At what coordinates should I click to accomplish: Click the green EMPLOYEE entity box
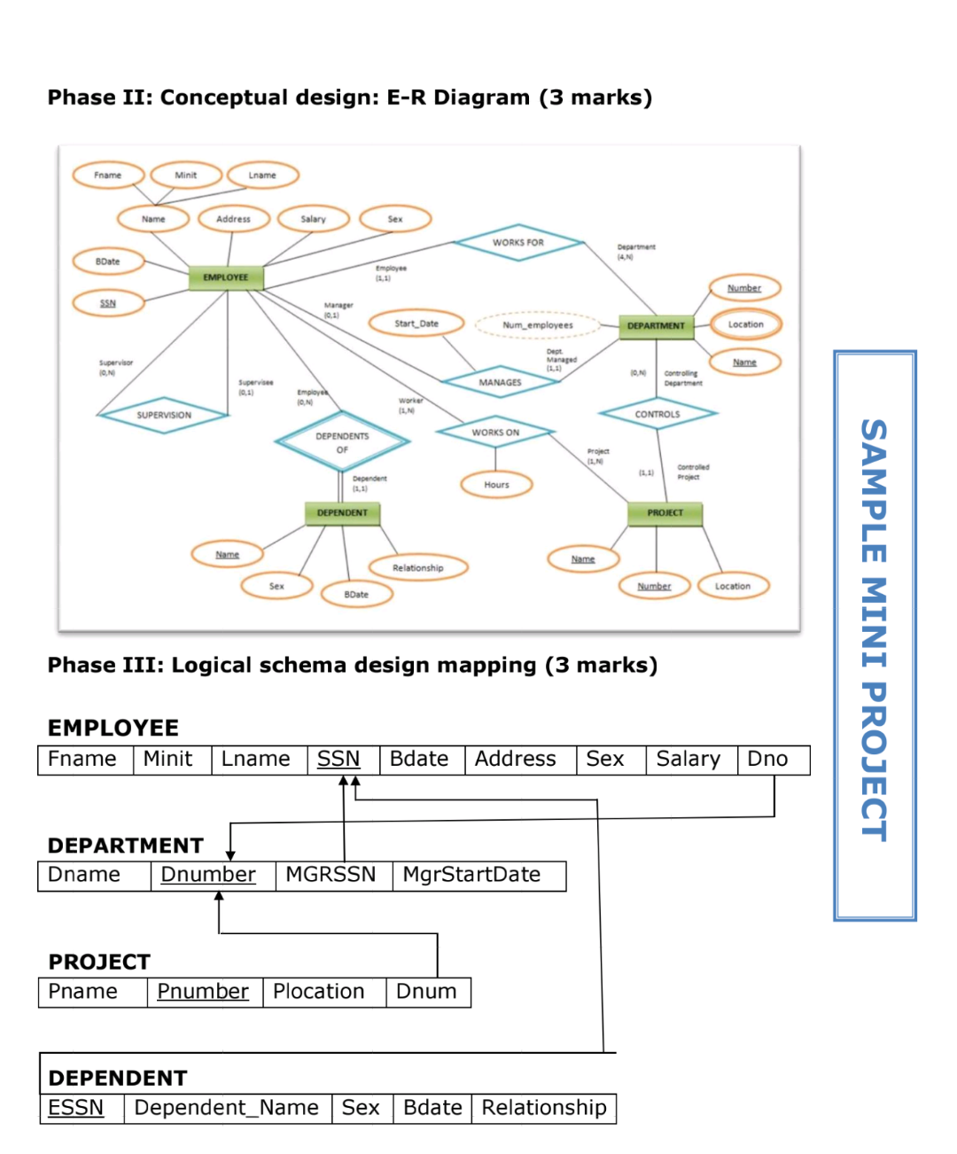pyautogui.click(x=226, y=277)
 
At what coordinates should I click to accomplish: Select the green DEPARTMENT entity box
pyautogui.click(x=656, y=325)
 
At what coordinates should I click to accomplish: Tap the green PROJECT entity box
pyautogui.click(x=665, y=512)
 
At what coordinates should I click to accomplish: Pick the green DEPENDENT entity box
pyautogui.click(x=342, y=512)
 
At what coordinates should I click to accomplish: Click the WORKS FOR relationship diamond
pyautogui.click(x=518, y=242)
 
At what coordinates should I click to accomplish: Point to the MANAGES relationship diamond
pyautogui.click(x=500, y=382)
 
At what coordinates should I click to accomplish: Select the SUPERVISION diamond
pyautogui.click(x=164, y=415)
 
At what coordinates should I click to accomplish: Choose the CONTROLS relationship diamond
pyautogui.click(x=657, y=414)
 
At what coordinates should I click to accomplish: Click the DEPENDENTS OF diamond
pyautogui.click(x=342, y=442)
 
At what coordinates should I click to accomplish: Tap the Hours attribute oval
pyautogui.click(x=496, y=485)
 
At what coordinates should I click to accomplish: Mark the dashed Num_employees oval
pyautogui.click(x=538, y=325)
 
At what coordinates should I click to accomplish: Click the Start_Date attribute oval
pyautogui.click(x=416, y=324)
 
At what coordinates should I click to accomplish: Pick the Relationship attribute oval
pyautogui.click(x=417, y=567)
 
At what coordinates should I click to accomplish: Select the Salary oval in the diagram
pyautogui.click(x=313, y=219)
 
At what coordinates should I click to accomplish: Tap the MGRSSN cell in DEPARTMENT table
pyautogui.click(x=331, y=875)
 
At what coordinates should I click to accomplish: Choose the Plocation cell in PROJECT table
pyautogui.click(x=323, y=992)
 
